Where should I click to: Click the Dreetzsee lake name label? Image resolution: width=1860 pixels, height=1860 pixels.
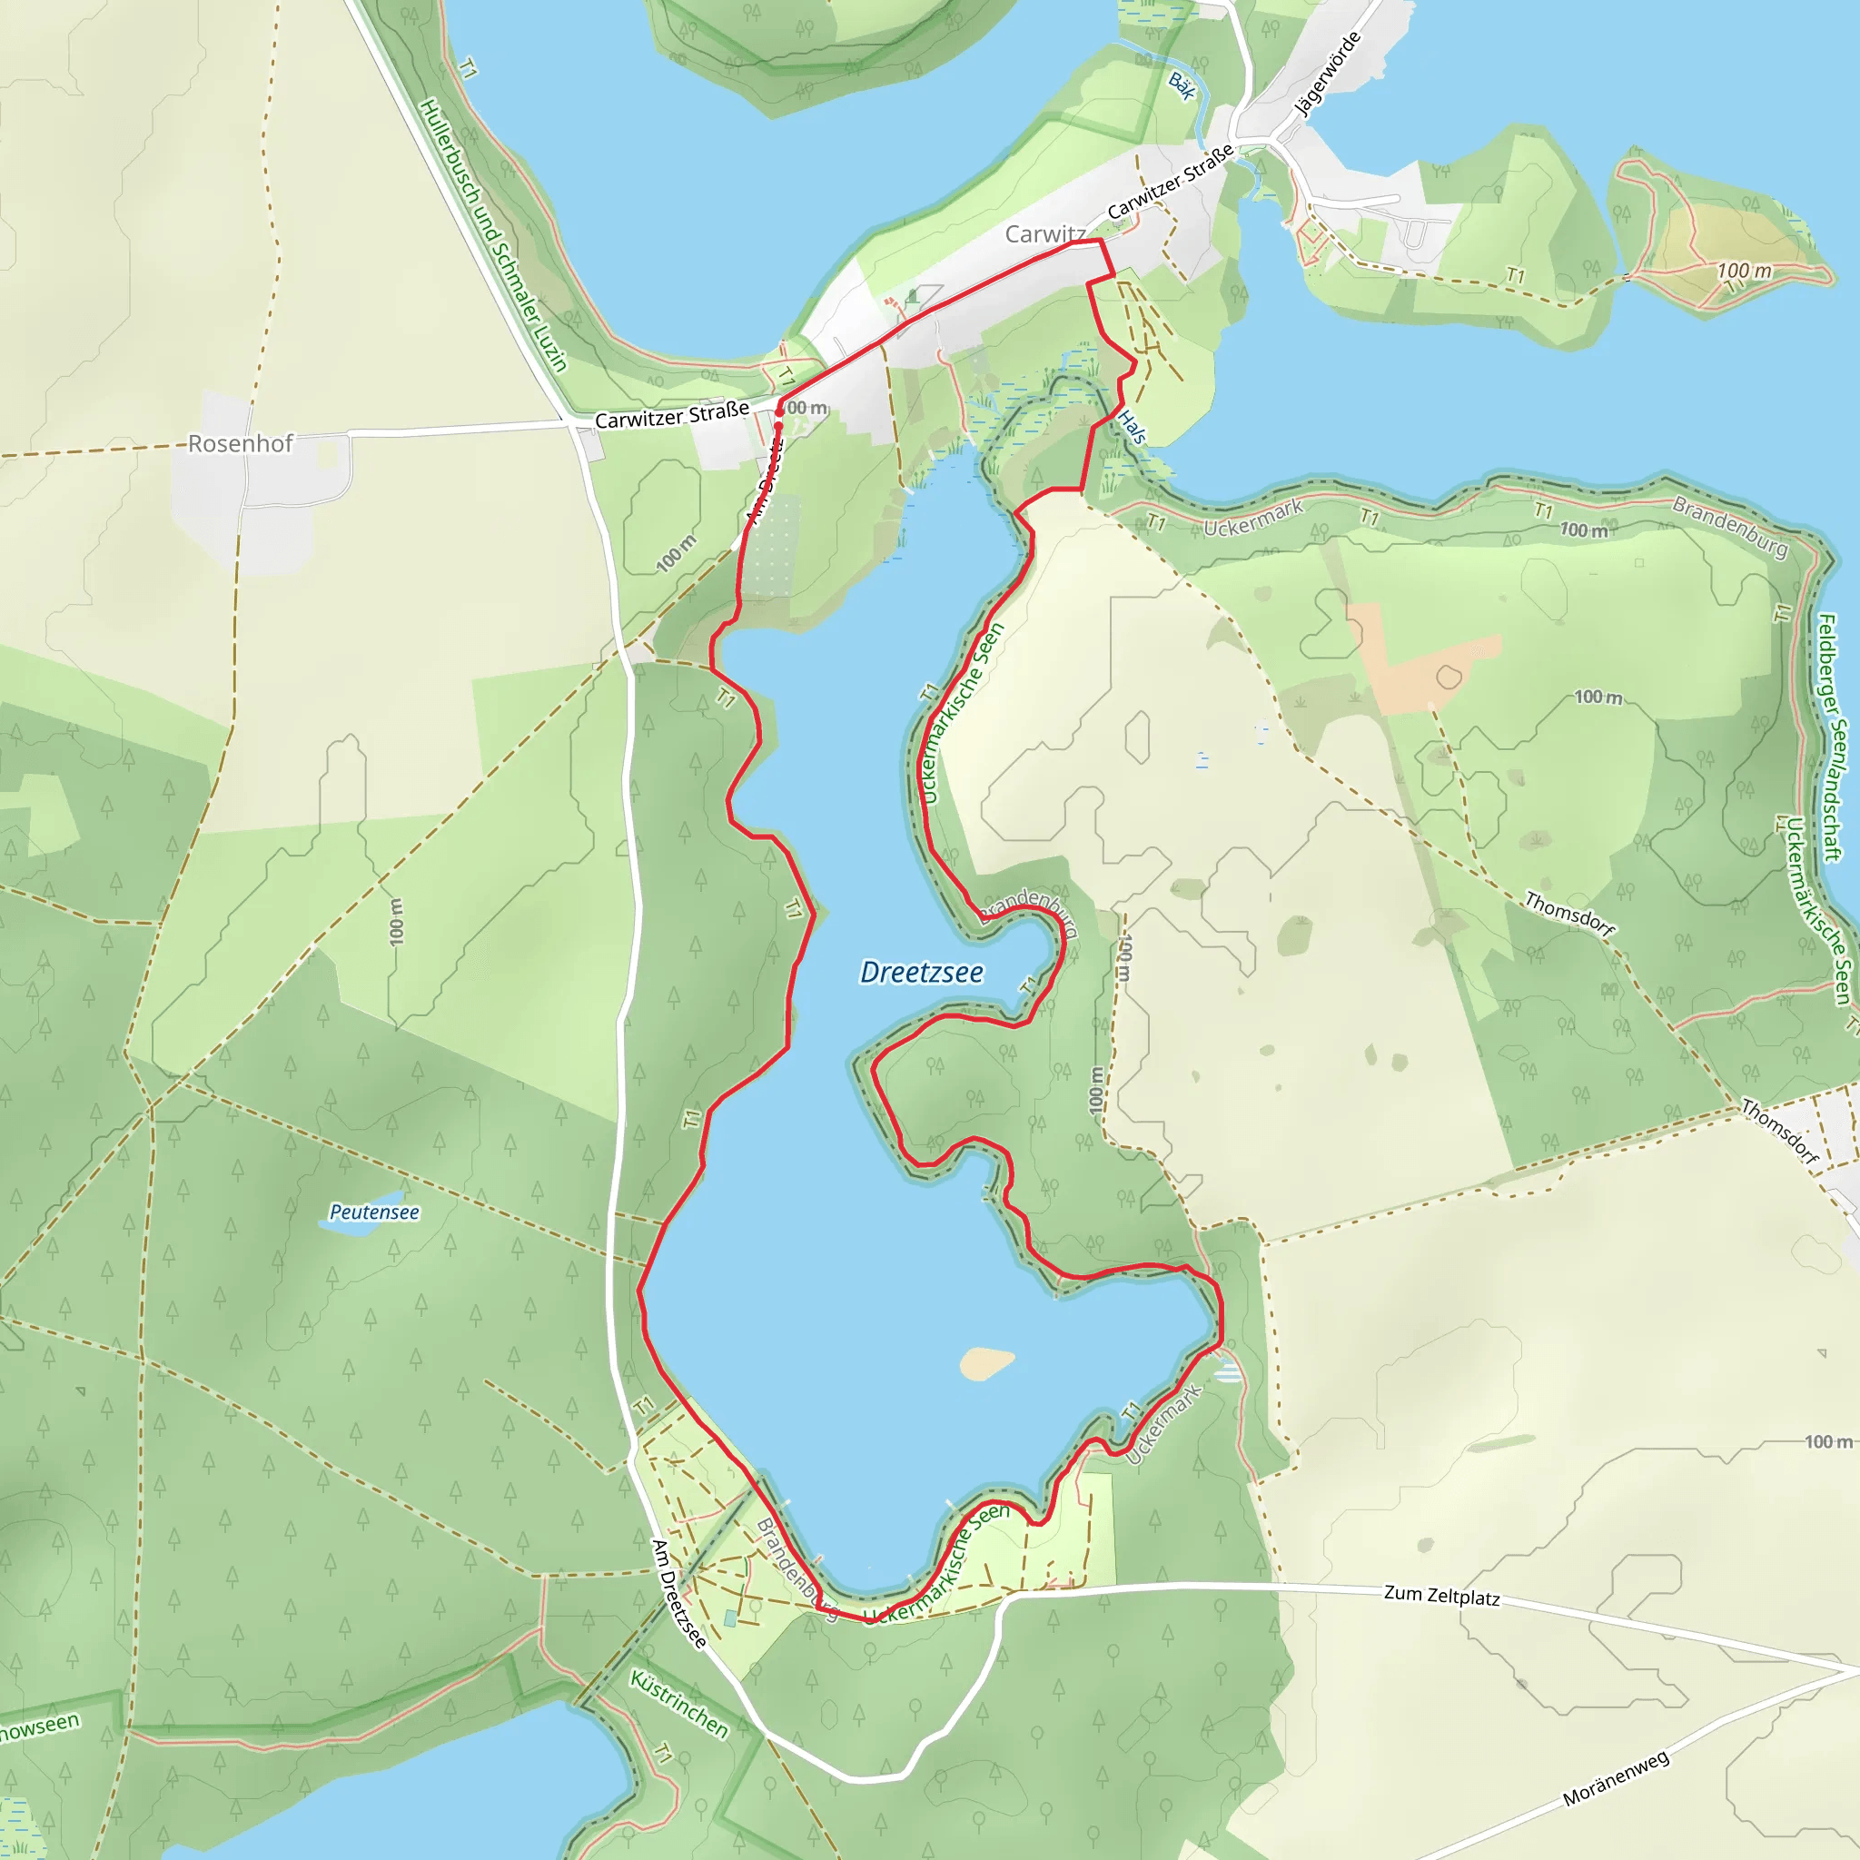(921, 973)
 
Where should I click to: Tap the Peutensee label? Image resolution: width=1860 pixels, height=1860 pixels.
(373, 1212)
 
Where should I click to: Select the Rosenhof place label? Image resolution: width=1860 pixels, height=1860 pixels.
(240, 444)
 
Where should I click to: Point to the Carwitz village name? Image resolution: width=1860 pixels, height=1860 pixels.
(1044, 234)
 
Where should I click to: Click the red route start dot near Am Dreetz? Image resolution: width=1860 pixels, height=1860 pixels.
(779, 412)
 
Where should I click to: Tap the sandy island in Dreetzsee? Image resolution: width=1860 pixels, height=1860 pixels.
(984, 1362)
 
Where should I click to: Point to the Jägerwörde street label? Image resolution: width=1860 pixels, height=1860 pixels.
(1328, 74)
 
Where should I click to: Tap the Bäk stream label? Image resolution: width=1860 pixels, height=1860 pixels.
(1182, 85)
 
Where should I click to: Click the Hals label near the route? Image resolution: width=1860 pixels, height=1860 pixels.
(1133, 427)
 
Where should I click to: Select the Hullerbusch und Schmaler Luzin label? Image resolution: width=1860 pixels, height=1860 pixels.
(494, 235)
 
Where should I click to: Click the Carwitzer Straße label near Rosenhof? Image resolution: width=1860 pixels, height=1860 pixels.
(671, 415)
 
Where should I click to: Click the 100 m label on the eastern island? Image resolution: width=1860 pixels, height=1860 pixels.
(1744, 271)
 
